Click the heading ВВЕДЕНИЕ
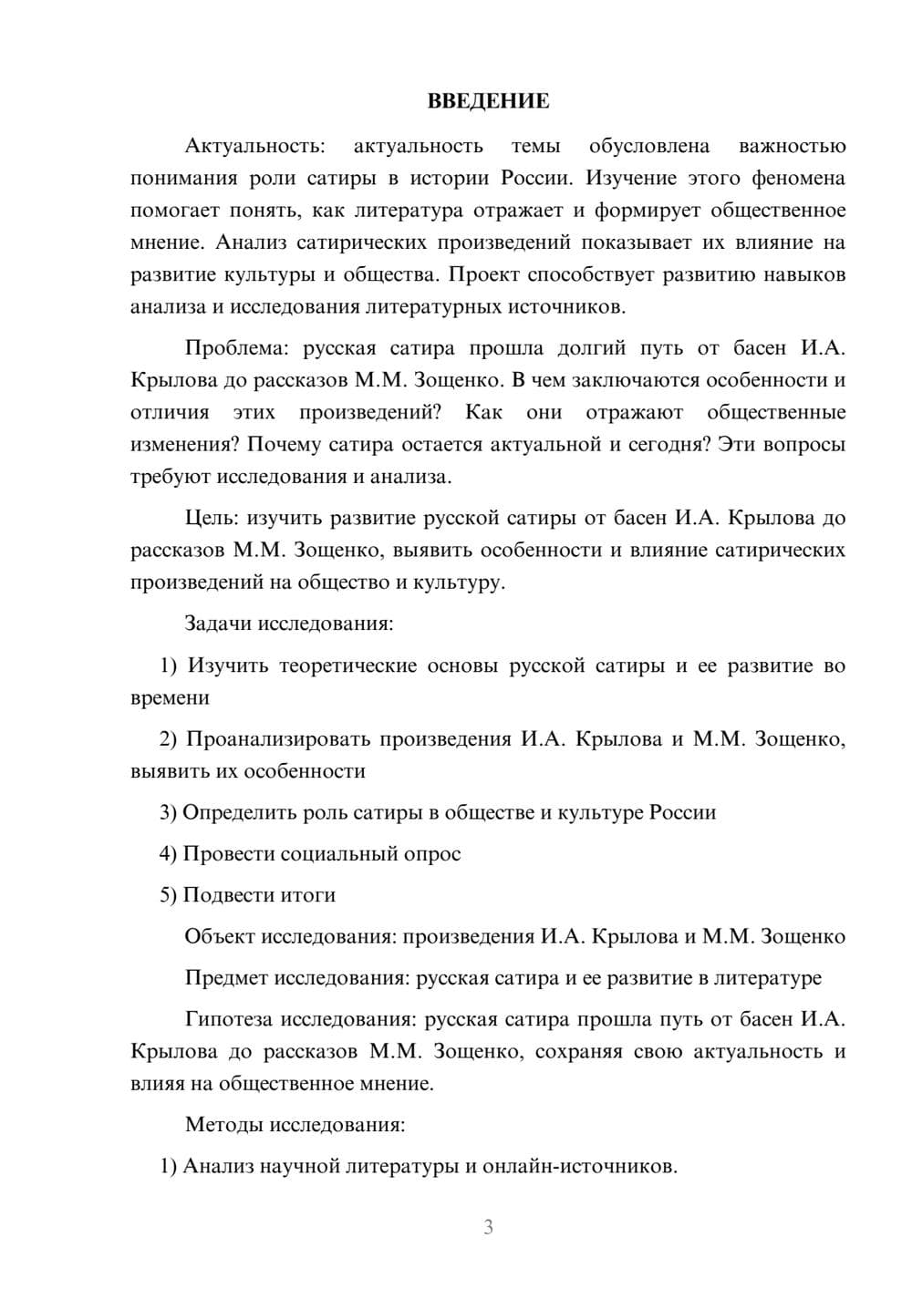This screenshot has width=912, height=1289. coord(488,101)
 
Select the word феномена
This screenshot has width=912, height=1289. coord(798,178)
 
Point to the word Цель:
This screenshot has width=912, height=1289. coord(212,519)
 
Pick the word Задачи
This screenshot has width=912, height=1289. coord(218,624)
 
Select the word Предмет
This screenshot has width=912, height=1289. coord(225,978)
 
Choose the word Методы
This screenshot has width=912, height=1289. coord(223,1124)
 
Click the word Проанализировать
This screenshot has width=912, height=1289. coord(278,739)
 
